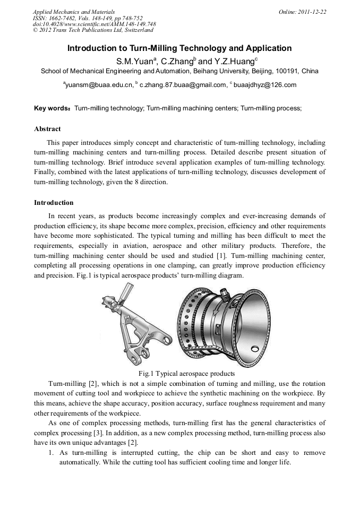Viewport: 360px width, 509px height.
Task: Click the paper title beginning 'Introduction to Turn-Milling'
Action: (x=179, y=48)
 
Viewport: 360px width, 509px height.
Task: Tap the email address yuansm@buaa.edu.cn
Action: (x=99, y=84)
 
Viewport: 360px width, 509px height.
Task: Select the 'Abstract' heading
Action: (x=47, y=129)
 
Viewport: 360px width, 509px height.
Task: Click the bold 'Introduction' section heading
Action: (x=54, y=203)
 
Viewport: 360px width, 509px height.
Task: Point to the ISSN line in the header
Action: (x=88, y=18)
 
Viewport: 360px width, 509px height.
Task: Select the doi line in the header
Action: (x=94, y=24)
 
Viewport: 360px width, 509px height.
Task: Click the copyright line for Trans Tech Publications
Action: (x=93, y=30)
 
